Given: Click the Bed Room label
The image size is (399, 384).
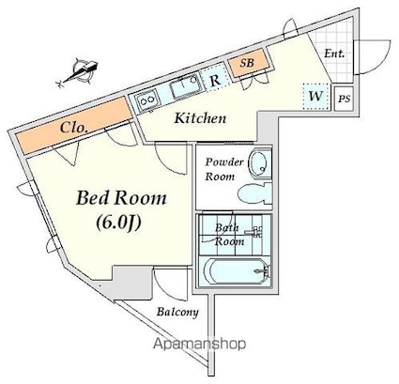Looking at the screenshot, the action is coord(121,198).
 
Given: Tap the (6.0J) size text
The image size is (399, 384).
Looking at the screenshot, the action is coord(119,223).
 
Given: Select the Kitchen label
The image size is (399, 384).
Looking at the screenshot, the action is coord(200,118).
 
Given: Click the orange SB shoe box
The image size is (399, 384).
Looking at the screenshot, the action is coord(249,64).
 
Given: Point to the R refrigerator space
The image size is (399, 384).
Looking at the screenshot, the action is coord(215,80).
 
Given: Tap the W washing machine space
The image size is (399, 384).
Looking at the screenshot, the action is coord(316,97).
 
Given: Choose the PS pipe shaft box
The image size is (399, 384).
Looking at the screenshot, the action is coord(344,99).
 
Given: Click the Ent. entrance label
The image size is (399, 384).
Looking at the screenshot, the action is coord(334,54).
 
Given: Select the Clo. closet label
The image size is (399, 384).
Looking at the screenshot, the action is coord(73,128).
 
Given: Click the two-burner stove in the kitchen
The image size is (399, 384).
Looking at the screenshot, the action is coord(146,100).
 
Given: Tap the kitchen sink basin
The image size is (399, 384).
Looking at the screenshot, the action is coord(185,85).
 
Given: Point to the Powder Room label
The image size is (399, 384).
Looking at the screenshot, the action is coord(224,169).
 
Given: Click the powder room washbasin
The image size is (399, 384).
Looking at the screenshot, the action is coord(259,163).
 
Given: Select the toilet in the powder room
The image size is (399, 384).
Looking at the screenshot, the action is coord(254,193).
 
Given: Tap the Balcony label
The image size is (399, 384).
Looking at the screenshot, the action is coord(177,312).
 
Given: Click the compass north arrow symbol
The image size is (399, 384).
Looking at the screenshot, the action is coord(81,73).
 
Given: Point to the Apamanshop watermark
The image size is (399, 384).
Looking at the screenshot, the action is coord(199,345).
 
